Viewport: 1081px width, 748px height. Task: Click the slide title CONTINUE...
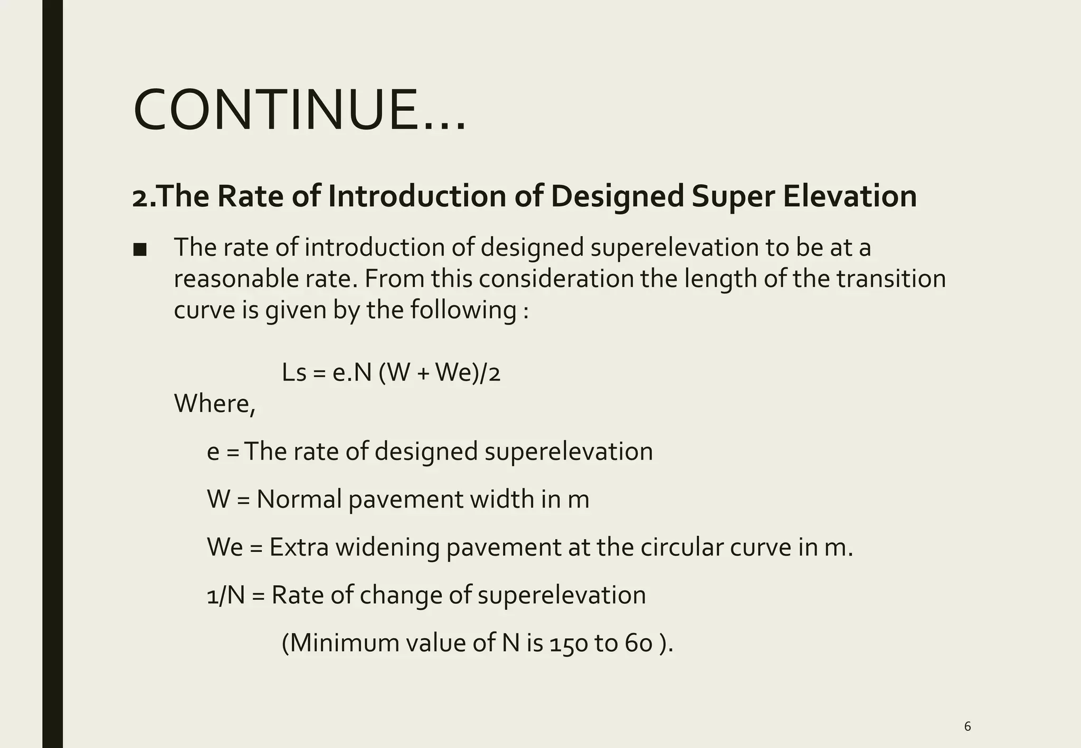(x=299, y=111)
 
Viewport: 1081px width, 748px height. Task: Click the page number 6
(x=967, y=726)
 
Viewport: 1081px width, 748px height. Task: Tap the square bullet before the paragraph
(x=140, y=250)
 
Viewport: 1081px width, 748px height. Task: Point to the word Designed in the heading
(x=617, y=196)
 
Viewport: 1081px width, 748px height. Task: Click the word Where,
(x=214, y=404)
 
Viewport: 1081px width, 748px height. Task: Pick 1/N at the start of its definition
(x=225, y=595)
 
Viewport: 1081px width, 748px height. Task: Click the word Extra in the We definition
(x=299, y=547)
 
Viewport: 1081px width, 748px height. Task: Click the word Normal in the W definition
(x=299, y=499)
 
